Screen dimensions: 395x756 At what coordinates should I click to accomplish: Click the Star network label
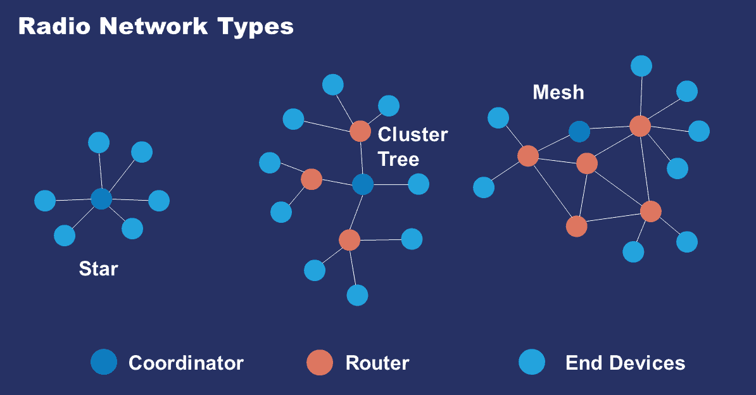(x=98, y=269)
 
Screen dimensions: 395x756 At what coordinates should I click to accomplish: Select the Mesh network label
(x=558, y=92)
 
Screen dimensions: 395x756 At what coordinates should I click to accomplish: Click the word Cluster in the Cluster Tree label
(x=412, y=135)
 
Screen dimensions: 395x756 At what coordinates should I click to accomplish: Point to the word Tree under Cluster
(x=398, y=159)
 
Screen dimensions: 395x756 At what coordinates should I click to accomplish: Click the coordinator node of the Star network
(x=101, y=199)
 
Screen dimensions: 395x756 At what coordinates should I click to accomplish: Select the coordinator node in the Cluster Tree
(x=363, y=184)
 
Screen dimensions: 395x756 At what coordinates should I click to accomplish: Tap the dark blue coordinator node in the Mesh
(x=579, y=132)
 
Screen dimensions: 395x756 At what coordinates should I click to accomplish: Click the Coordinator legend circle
(x=104, y=362)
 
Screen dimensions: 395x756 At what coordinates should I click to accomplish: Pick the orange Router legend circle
(x=320, y=362)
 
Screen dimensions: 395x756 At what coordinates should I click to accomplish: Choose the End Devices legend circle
(x=531, y=362)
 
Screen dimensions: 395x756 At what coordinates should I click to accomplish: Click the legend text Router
(x=377, y=363)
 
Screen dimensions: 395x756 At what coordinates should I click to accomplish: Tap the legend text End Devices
(x=625, y=363)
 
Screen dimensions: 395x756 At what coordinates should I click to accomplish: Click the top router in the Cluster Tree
(x=360, y=131)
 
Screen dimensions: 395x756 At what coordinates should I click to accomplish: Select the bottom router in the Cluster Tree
(x=349, y=240)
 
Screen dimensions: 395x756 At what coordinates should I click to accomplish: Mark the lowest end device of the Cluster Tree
(x=357, y=295)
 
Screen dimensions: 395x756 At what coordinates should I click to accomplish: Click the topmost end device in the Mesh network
(x=641, y=66)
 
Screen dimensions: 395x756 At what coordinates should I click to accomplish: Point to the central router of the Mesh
(x=587, y=163)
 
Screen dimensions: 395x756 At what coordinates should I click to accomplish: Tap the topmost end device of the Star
(x=99, y=142)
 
